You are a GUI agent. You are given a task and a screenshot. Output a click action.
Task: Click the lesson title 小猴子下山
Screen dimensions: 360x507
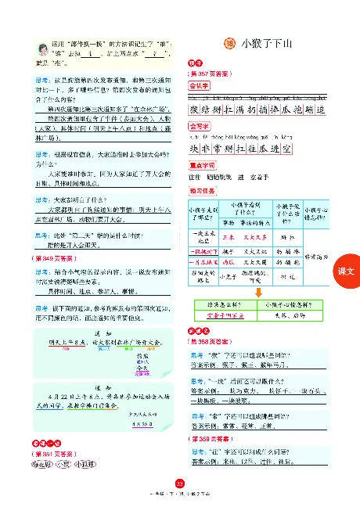(267, 44)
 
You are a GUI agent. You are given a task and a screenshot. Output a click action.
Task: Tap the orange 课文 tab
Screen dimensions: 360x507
(345, 271)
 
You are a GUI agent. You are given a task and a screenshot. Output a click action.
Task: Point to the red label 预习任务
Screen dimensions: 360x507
(200, 191)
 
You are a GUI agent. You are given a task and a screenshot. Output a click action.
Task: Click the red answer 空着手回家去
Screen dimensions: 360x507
(223, 313)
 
